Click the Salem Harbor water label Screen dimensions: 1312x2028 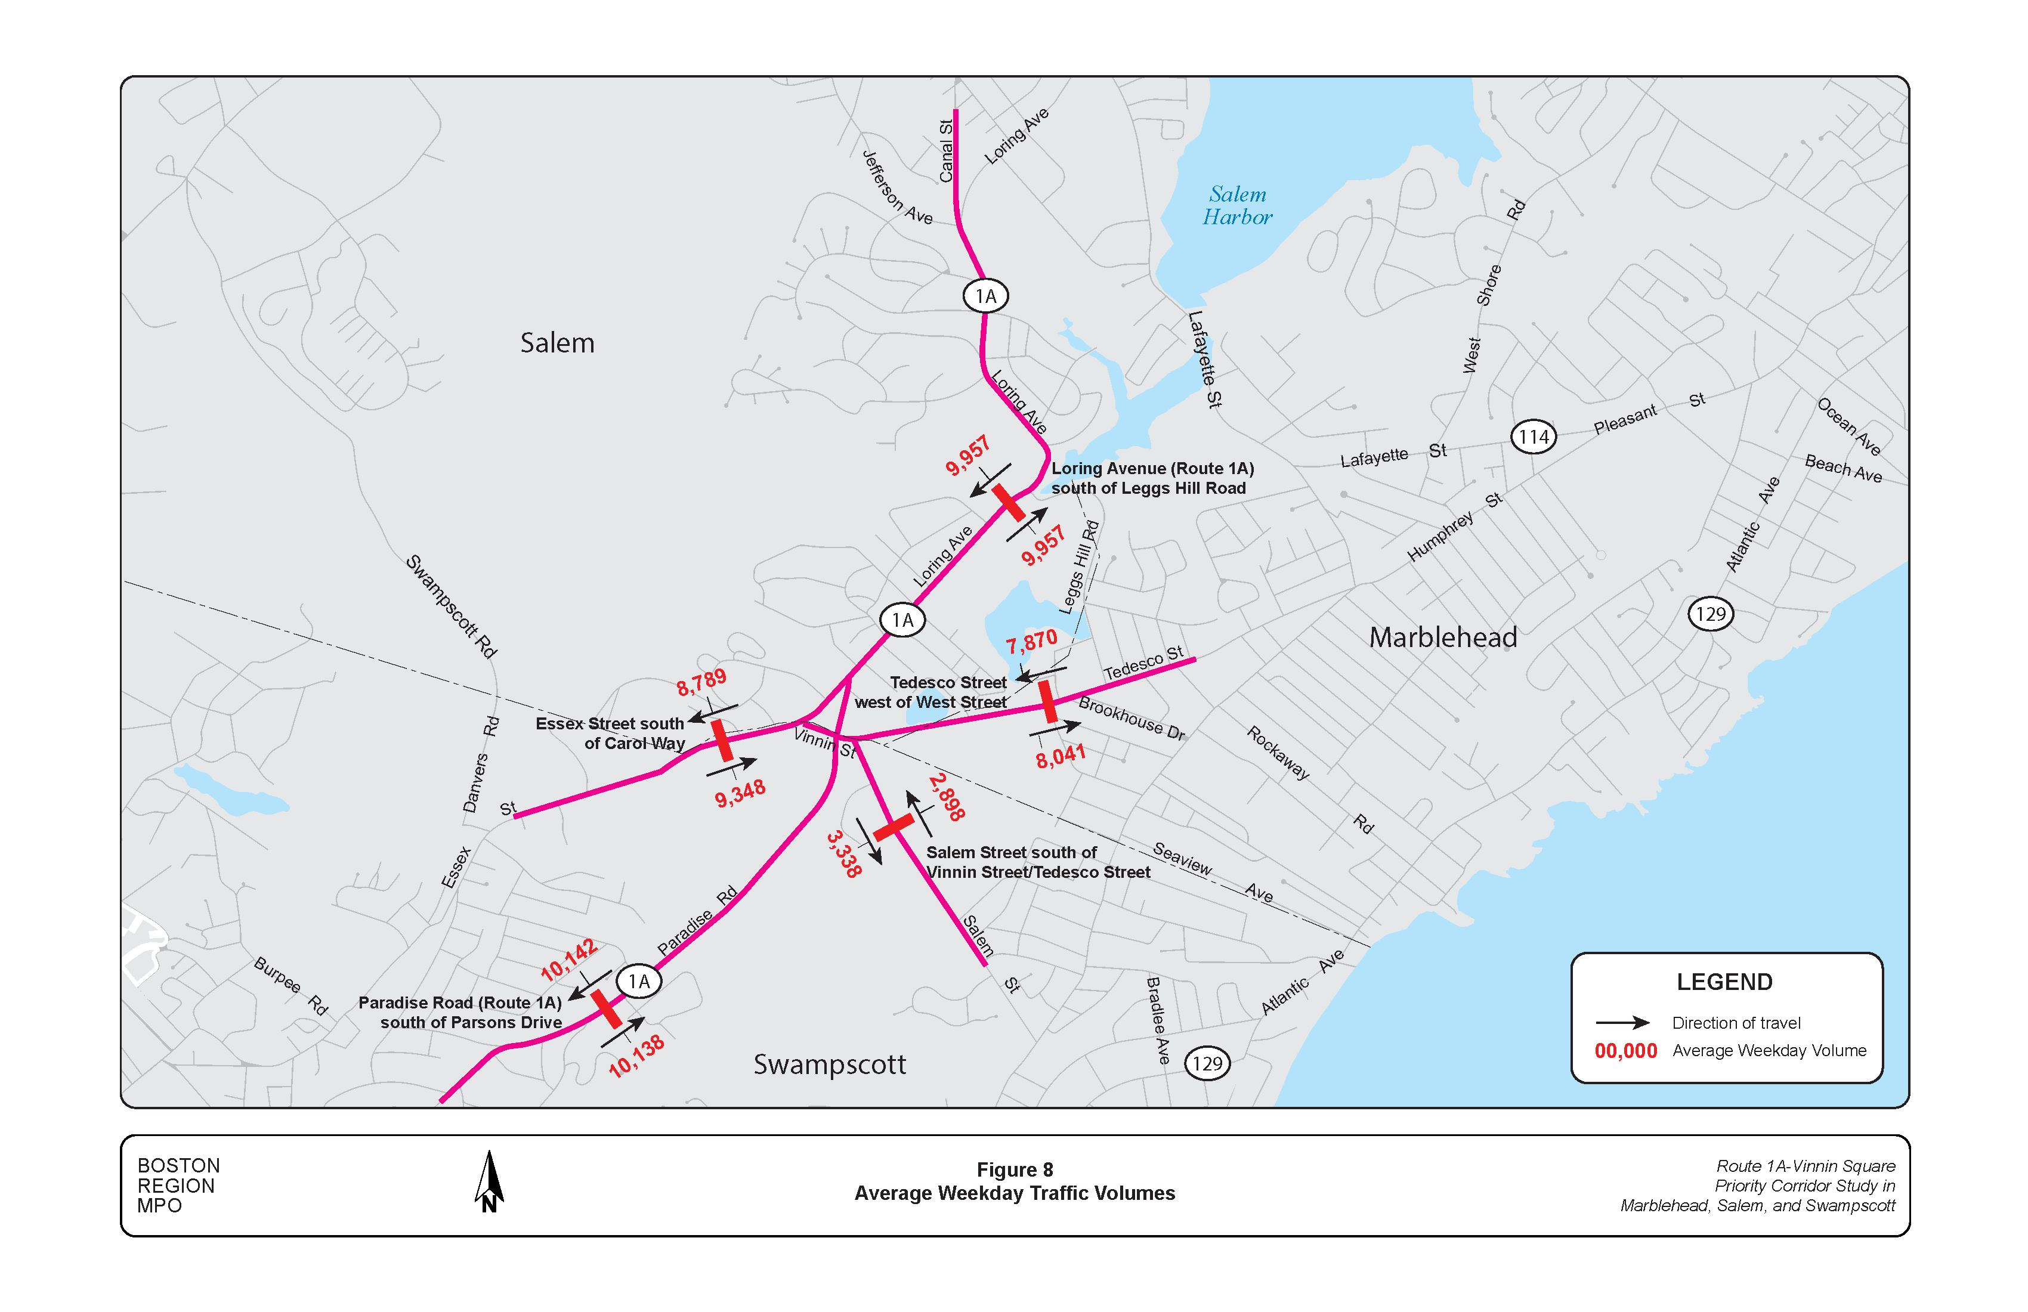[1236, 205]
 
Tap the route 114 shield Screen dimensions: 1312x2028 [1533, 437]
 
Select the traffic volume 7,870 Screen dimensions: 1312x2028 [1031, 642]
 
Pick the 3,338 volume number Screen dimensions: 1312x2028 [843, 853]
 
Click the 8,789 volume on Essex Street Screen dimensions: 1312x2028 [701, 682]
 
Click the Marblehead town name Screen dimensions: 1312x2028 [1443, 638]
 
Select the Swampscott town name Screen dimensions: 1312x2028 [829, 1064]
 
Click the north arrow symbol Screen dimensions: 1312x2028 [489, 1183]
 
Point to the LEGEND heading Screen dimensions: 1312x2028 [1724, 982]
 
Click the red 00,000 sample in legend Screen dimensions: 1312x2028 [1625, 1050]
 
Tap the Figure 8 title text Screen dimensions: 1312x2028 [1014, 1169]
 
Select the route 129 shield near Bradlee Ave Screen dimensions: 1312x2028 [1207, 1063]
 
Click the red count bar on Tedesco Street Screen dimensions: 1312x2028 [1048, 701]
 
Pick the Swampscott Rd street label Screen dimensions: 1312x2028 [451, 606]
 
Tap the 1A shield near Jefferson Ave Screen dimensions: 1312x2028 [985, 296]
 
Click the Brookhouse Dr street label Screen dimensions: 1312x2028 [1131, 718]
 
